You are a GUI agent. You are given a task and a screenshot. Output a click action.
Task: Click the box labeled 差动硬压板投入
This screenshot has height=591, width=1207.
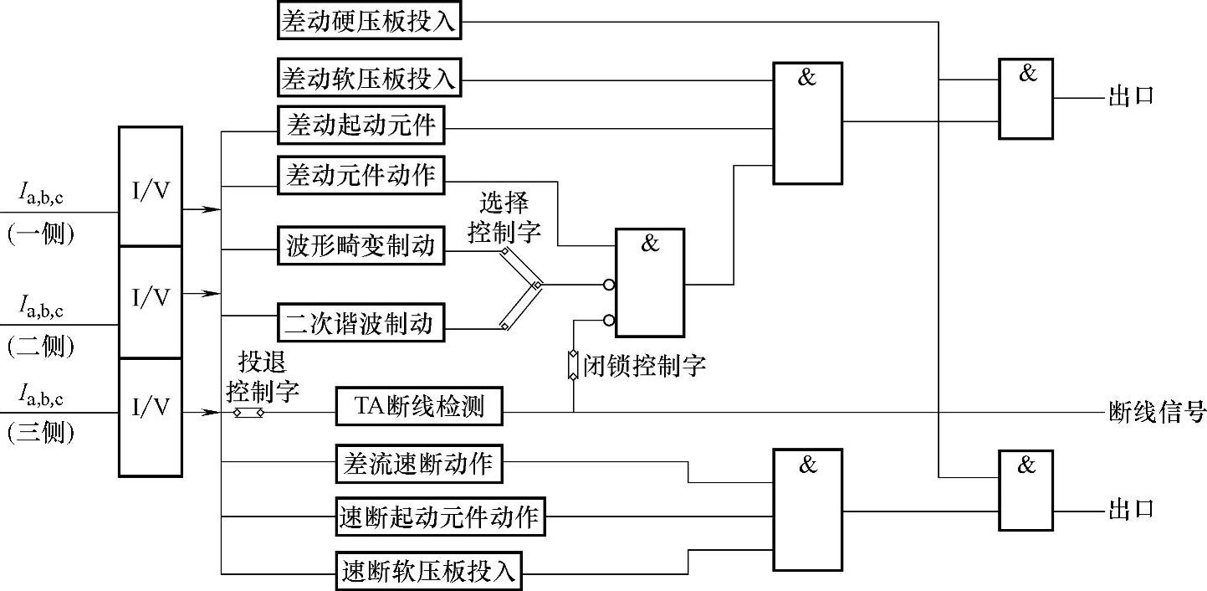point(369,21)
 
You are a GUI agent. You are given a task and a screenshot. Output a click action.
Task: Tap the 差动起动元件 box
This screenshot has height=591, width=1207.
point(361,126)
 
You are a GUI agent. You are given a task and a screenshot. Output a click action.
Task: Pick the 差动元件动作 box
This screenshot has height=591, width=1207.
point(361,175)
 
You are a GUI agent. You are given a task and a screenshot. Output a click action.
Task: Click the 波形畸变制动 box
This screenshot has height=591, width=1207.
point(361,246)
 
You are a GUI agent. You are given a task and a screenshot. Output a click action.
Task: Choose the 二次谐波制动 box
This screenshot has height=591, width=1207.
point(361,322)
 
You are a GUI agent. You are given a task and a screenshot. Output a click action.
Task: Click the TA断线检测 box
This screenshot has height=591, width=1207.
point(420,408)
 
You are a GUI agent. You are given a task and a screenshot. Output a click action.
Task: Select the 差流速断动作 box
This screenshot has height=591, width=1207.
point(419,463)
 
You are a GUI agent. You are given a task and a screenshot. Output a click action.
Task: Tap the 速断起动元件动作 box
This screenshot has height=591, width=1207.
point(441,516)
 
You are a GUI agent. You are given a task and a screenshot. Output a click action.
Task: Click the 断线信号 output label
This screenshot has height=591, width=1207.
point(1157,412)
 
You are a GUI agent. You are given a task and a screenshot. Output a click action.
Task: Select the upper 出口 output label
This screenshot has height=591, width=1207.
point(1131,96)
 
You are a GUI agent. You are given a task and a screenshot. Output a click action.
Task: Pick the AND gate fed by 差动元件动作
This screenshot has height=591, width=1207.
point(650,282)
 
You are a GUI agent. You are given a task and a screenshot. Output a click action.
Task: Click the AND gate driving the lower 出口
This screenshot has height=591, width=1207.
point(1025,490)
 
